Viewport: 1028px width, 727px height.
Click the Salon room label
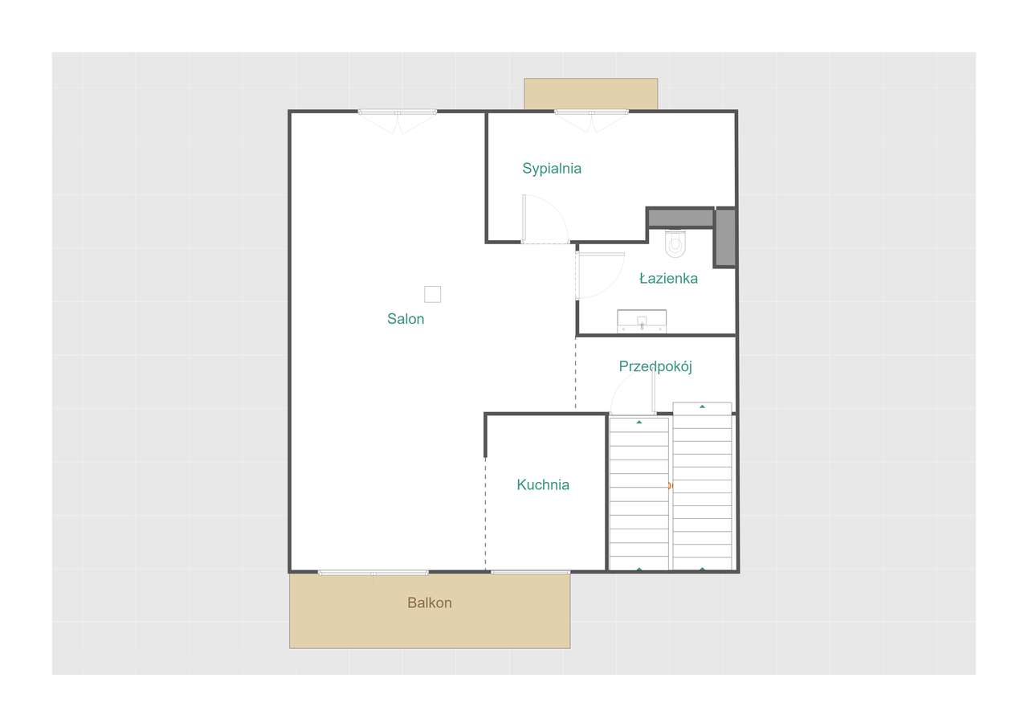(406, 319)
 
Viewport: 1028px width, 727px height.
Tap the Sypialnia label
(552, 169)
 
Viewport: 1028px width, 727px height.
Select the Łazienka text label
(668, 279)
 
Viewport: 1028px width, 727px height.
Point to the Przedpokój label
(655, 366)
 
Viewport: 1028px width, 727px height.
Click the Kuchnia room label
(543, 484)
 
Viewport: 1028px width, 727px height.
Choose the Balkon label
(430, 602)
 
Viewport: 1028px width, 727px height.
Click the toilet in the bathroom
(675, 243)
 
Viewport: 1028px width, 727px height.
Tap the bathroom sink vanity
(642, 321)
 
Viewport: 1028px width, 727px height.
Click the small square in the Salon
(432, 294)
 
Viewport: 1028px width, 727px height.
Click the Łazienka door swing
(598, 275)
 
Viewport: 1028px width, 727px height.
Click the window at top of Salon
(398, 112)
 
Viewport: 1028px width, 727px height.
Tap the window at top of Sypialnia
(591, 112)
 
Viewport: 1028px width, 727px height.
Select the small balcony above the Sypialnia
(590, 93)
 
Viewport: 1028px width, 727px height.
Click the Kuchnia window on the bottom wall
(530, 572)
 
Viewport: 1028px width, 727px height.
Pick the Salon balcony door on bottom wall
(373, 572)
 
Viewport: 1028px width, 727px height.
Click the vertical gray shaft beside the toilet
(725, 237)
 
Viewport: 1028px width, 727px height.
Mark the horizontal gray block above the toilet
(680, 218)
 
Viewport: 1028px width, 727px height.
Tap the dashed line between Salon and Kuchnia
(485, 514)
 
